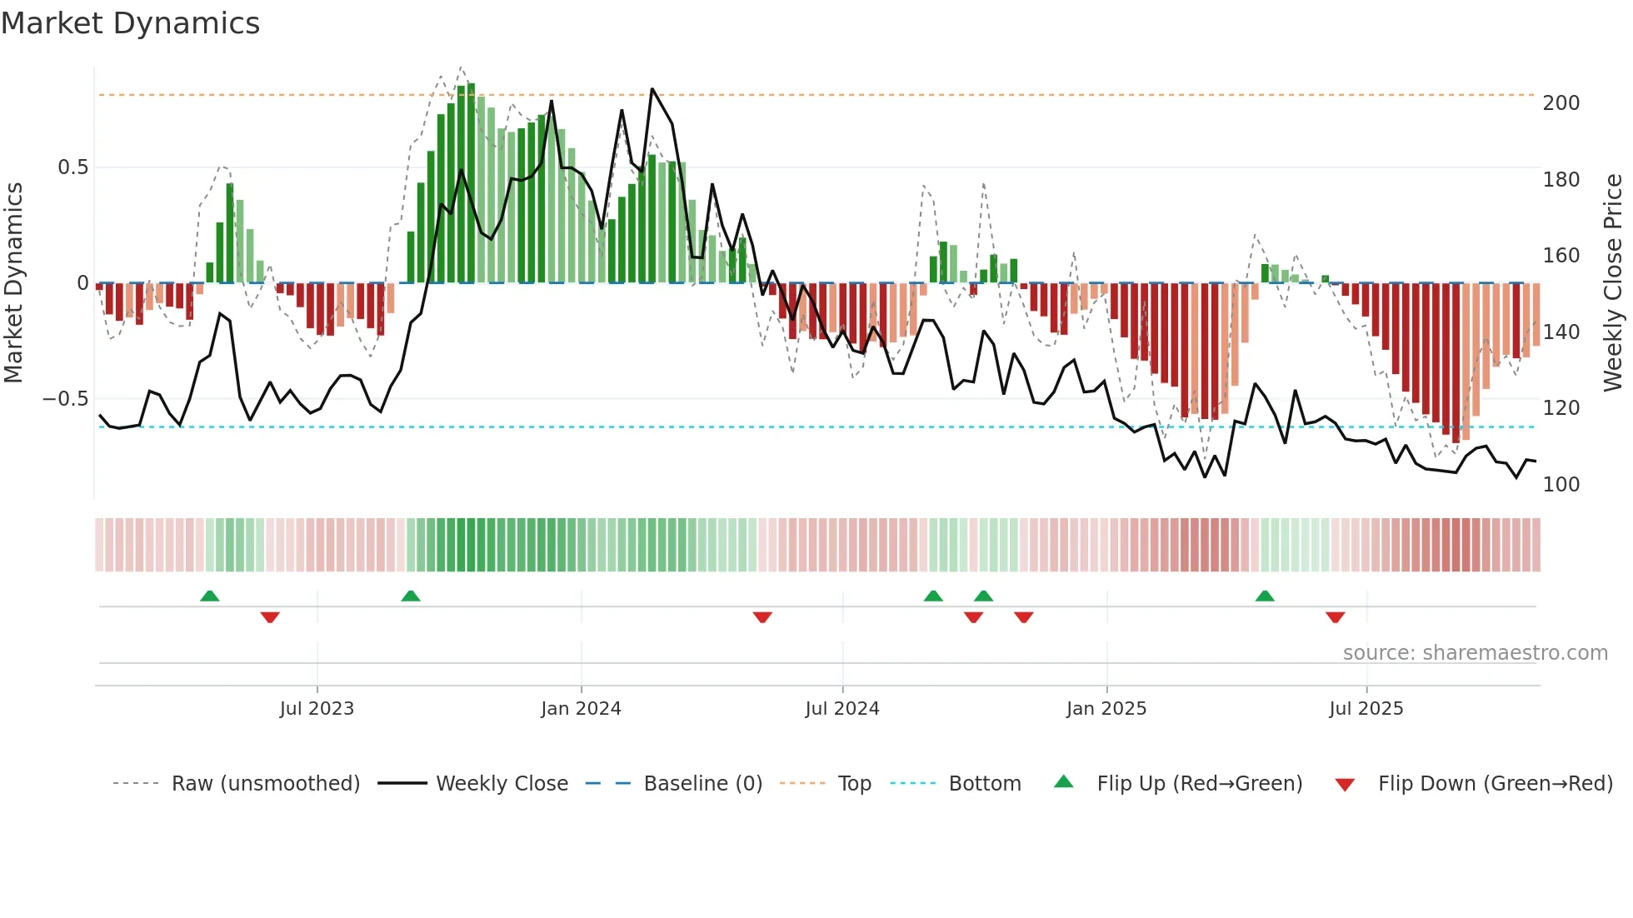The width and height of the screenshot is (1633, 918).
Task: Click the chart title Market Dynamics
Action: point(130,23)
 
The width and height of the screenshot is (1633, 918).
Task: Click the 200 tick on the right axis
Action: point(1561,103)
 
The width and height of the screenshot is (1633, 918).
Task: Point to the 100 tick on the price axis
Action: point(1561,485)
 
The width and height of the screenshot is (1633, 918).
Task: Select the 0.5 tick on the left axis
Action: point(72,167)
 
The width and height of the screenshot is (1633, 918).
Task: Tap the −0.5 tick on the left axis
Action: point(66,399)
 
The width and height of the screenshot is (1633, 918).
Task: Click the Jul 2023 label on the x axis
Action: point(317,709)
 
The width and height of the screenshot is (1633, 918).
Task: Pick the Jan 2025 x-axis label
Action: point(1106,709)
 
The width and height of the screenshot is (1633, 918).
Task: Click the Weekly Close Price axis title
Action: point(1613,283)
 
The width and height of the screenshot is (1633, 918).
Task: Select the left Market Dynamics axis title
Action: point(13,283)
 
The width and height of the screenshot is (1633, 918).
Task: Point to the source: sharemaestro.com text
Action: point(1475,653)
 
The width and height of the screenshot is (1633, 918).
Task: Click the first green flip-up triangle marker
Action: point(210,596)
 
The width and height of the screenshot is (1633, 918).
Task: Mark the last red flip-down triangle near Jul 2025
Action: point(1335,617)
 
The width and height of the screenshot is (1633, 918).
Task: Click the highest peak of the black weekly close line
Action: point(652,89)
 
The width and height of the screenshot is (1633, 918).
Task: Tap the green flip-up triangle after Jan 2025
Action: point(1265,596)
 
